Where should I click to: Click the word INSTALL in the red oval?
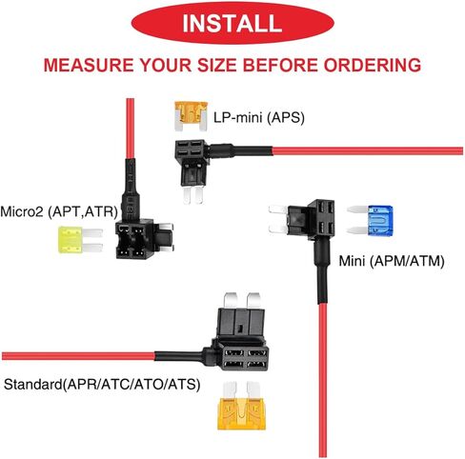[232, 23]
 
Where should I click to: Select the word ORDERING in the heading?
[373, 65]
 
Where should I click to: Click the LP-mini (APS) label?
[259, 118]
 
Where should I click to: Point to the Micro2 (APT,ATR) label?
[59, 211]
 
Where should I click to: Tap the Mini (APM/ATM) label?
[392, 261]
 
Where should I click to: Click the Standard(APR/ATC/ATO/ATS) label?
[102, 385]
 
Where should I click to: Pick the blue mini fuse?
[370, 220]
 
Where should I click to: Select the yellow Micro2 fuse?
[80, 240]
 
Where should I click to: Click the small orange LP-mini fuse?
[191, 116]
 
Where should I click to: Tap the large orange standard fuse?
[241, 406]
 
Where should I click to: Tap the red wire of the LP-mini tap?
[368, 150]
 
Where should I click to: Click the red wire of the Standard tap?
[78, 356]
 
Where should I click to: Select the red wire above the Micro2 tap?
[130, 129]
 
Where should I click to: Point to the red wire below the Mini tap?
[322, 380]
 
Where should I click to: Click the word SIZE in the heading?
[217, 65]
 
